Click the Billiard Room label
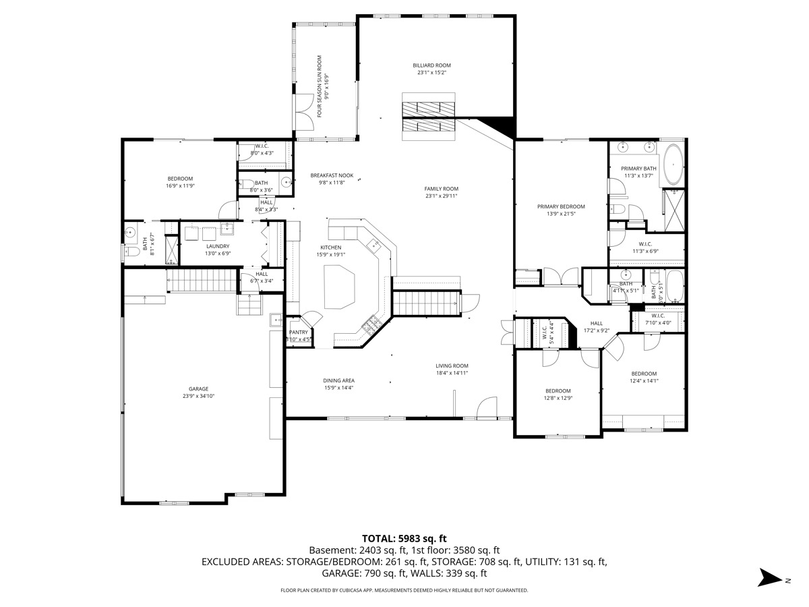pos(431,65)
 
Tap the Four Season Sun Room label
pos(319,86)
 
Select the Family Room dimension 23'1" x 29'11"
pos(441,196)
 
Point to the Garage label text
pos(198,388)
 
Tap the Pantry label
pos(298,332)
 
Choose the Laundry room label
pos(218,246)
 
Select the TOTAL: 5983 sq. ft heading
pos(404,538)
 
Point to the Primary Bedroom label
pos(560,206)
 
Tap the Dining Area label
pos(338,380)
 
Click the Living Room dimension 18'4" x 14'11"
pos(451,373)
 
